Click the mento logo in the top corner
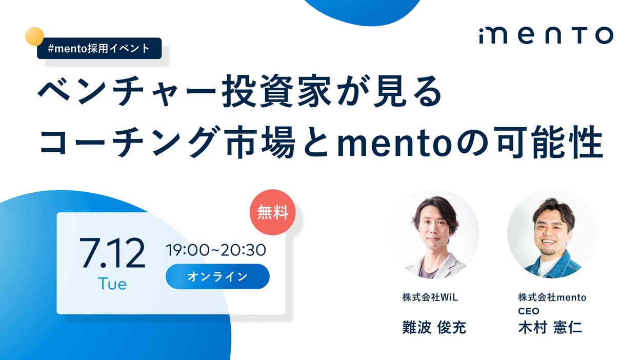click(546, 35)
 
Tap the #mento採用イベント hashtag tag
click(99, 48)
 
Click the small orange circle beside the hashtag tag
click(34, 36)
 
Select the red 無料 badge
click(273, 212)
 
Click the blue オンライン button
click(217, 276)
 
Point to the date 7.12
click(112, 253)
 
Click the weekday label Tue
click(112, 284)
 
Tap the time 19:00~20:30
click(216, 250)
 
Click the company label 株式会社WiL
click(430, 297)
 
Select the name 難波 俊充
click(434, 327)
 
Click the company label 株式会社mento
click(552, 297)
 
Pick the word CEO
click(529, 311)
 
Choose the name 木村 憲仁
click(550, 327)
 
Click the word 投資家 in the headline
click(276, 91)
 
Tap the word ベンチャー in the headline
click(127, 91)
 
